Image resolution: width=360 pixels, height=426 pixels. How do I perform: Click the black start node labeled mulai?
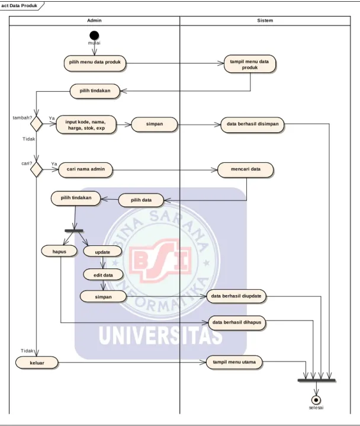pyautogui.click(x=94, y=36)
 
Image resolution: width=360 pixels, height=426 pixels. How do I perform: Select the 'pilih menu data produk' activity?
pyautogui.click(x=95, y=63)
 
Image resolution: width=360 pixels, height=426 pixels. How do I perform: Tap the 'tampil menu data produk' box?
pyautogui.click(x=250, y=64)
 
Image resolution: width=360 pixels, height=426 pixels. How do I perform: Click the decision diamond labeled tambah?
pyautogui.click(x=36, y=124)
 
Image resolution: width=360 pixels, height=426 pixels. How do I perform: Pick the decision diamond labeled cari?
pyautogui.click(x=36, y=170)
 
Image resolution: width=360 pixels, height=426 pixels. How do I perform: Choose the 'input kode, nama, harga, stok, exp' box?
pyautogui.click(x=86, y=124)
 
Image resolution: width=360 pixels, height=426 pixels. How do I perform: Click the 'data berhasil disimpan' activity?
pyautogui.click(x=252, y=124)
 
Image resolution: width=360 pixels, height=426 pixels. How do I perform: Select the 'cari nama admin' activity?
pyautogui.click(x=85, y=170)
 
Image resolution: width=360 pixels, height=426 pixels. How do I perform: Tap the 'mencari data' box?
pyautogui.click(x=246, y=170)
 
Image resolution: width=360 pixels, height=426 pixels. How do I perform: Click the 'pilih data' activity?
pyautogui.click(x=141, y=200)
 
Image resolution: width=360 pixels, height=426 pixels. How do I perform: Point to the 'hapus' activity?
pyautogui.click(x=59, y=251)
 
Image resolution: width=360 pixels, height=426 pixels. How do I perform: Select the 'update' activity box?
pyautogui.click(x=102, y=251)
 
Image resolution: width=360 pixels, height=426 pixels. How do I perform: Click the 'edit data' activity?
pyautogui.click(x=103, y=275)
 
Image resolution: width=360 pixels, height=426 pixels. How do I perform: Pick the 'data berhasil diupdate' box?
pyautogui.click(x=236, y=296)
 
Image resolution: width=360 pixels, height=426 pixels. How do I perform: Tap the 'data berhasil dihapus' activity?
pyautogui.click(x=237, y=323)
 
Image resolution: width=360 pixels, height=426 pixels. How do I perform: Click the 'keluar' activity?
pyautogui.click(x=37, y=363)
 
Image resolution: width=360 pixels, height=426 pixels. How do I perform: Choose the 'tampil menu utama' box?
pyautogui.click(x=234, y=362)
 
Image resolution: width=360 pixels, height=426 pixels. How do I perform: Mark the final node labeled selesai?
pyautogui.click(x=316, y=400)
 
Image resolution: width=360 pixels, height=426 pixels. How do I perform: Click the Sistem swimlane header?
pyautogui.click(x=265, y=21)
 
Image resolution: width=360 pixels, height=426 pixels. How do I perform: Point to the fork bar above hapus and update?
pyautogui.click(x=74, y=230)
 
